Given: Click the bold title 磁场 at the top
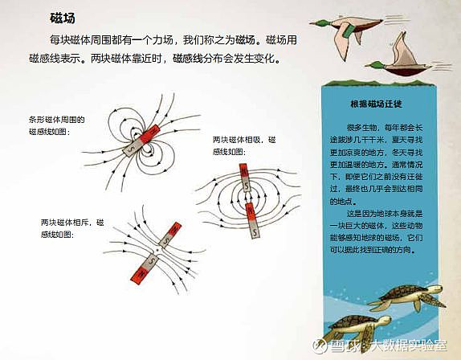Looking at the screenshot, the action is pyautogui.click(x=63, y=18).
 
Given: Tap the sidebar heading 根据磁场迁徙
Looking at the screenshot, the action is pyautogui.click(x=376, y=104).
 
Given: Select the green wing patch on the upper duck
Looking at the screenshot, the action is pyautogui.click(x=349, y=31).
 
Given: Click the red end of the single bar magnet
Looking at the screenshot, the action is pyautogui.click(x=150, y=134).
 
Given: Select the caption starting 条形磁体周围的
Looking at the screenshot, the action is pyautogui.click(x=57, y=125).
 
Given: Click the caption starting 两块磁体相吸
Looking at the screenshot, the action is pyautogui.click(x=243, y=145).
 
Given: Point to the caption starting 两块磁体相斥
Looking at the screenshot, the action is pyautogui.click(x=72, y=228).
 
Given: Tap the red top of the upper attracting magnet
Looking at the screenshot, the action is pyautogui.click(x=243, y=171).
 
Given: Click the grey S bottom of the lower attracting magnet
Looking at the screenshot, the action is pyautogui.click(x=255, y=230).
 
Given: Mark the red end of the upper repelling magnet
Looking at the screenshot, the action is pyautogui.click(x=174, y=229).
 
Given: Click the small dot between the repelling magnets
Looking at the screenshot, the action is pyautogui.click(x=157, y=250).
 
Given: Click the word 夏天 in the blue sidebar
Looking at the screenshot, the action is pyautogui.click(x=398, y=140).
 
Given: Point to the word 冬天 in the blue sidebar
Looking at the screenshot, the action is pyautogui.click(x=398, y=153).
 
